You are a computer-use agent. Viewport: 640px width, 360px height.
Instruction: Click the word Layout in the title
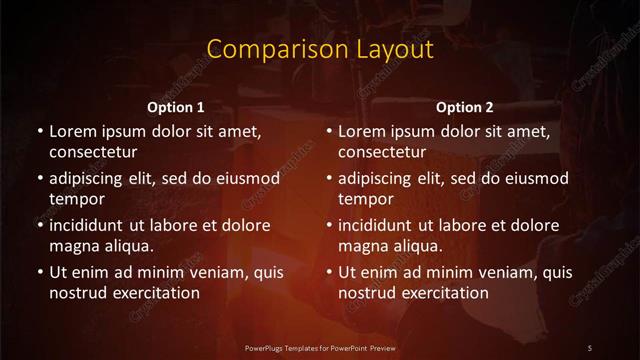(x=384, y=49)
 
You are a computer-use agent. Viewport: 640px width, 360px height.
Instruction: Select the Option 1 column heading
(x=176, y=107)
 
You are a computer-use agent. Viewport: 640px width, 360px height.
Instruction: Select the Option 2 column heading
(x=465, y=107)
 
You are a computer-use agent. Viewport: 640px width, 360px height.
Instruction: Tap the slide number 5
(x=590, y=346)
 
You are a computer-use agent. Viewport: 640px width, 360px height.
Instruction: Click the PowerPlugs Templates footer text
(x=320, y=346)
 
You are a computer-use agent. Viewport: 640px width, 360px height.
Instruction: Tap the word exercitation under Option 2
(x=445, y=293)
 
